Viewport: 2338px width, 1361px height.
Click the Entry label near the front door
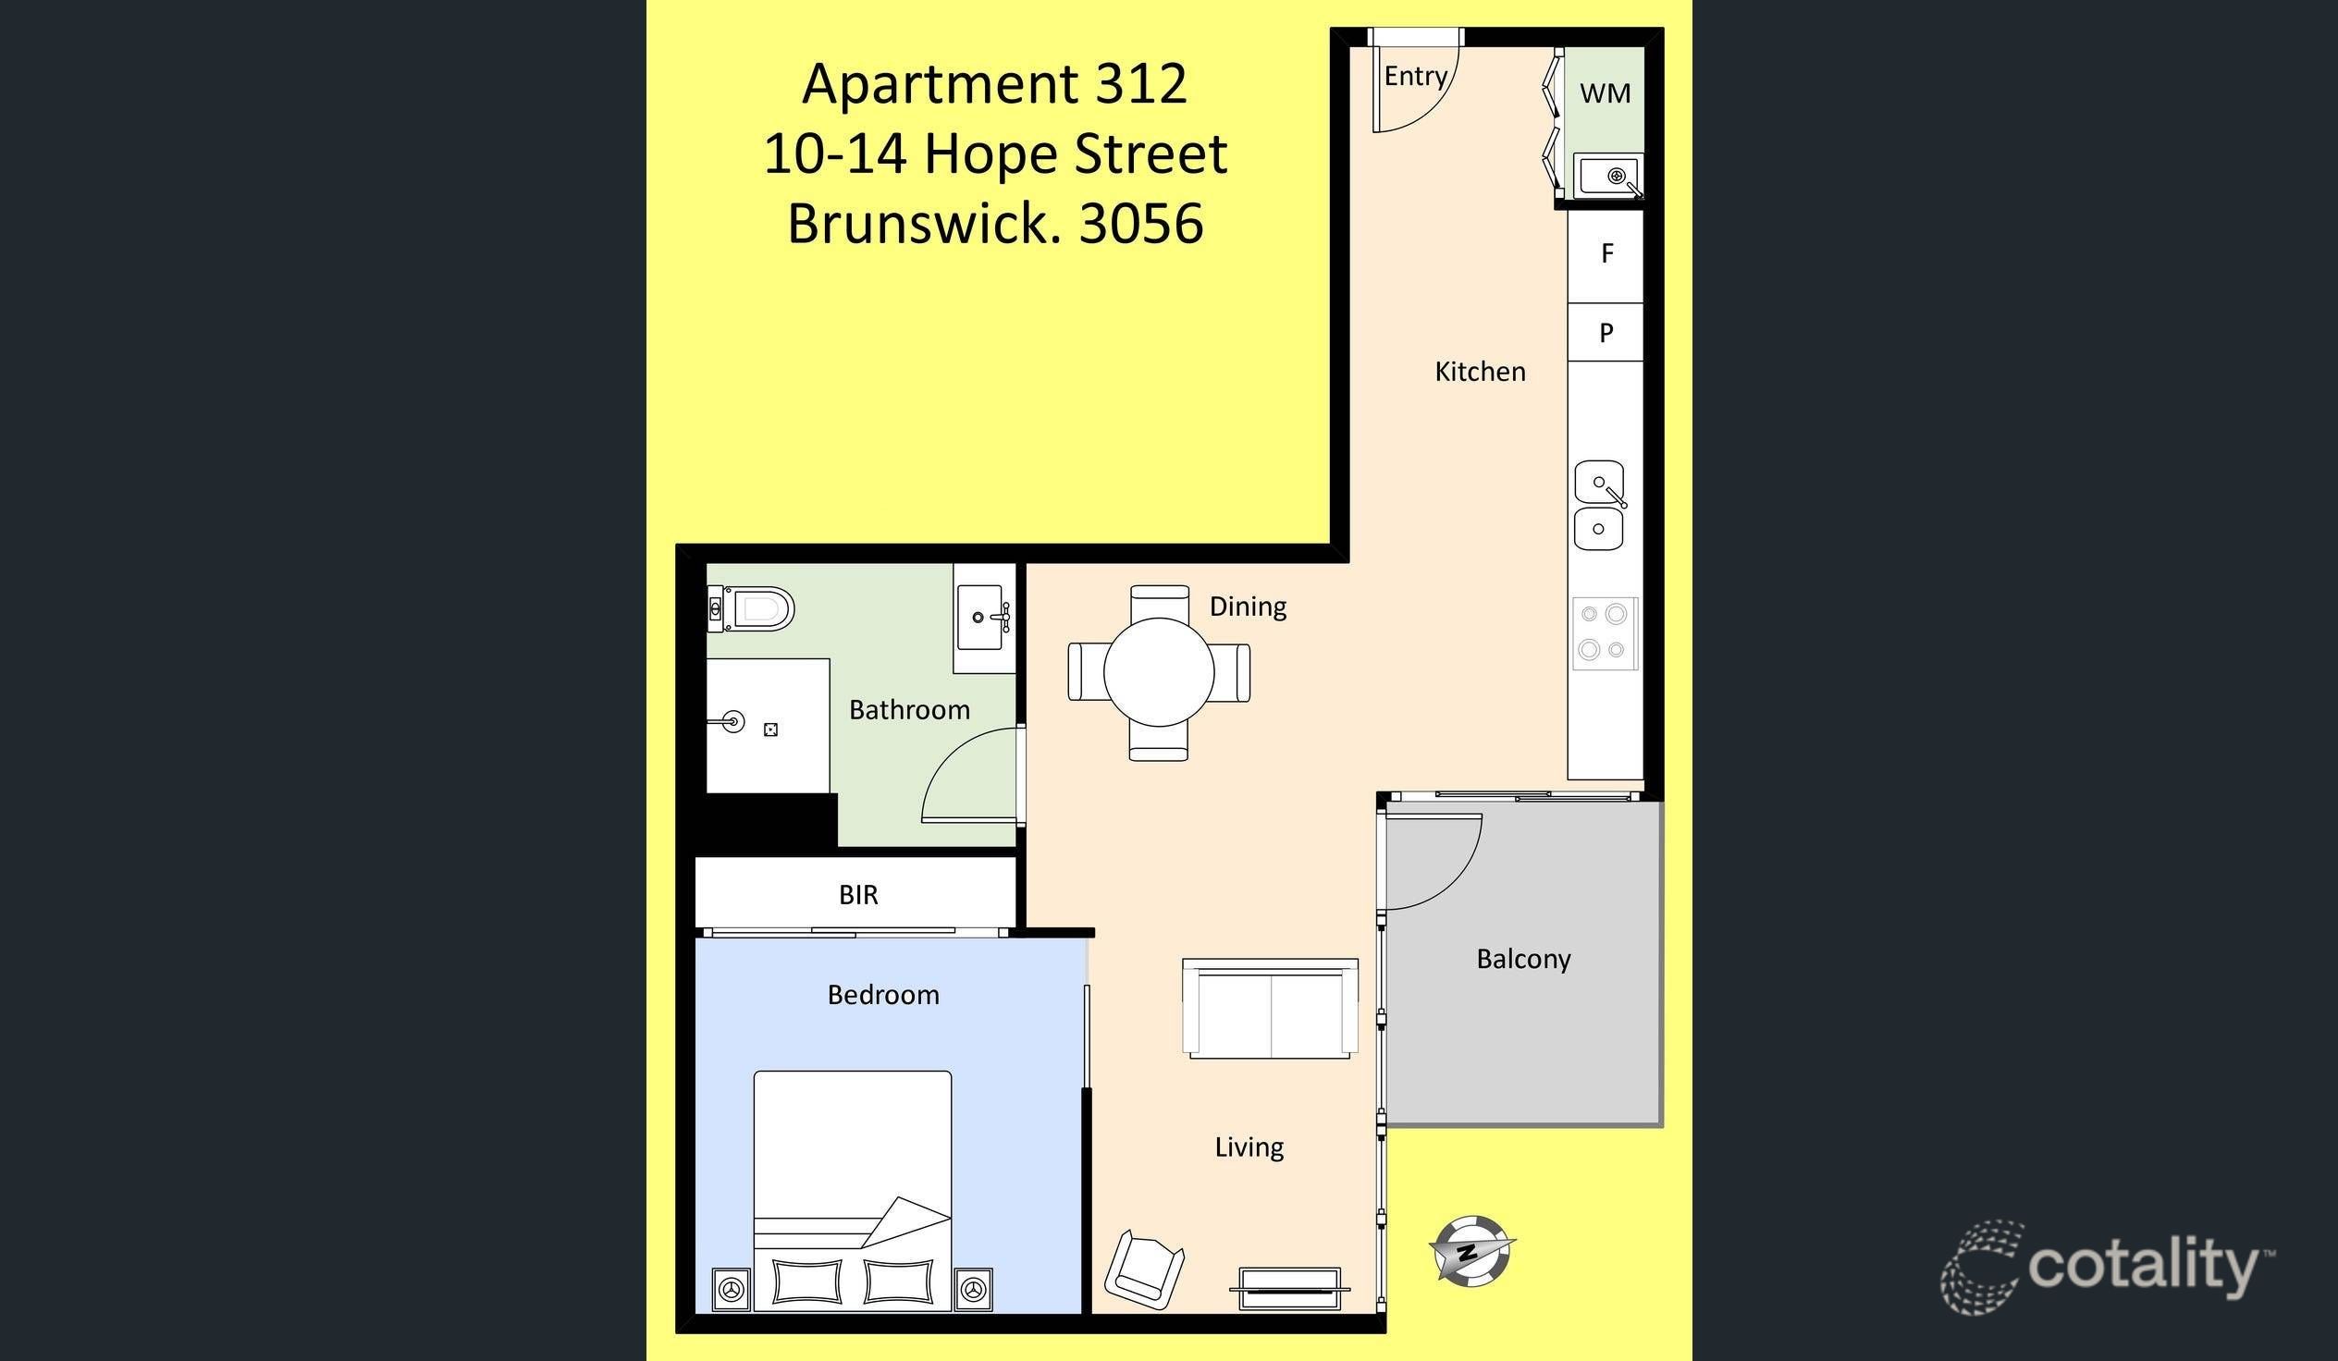pyautogui.click(x=1415, y=76)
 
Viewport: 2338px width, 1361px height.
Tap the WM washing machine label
pyautogui.click(x=1605, y=92)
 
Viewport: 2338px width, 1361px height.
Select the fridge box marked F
pyautogui.click(x=1606, y=253)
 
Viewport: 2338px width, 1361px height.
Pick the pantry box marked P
pyautogui.click(x=1606, y=332)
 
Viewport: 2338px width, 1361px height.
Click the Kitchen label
pyautogui.click(x=1480, y=372)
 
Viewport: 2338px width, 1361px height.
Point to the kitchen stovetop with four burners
pyautogui.click(x=1604, y=632)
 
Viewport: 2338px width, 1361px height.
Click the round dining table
pyautogui.click(x=1159, y=671)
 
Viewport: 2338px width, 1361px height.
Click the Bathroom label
pyautogui.click(x=909, y=711)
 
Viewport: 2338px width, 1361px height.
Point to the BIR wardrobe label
pyautogui.click(x=858, y=895)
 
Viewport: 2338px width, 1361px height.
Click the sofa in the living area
pyautogui.click(x=1270, y=1009)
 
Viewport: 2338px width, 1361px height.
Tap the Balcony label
pyautogui.click(x=1523, y=960)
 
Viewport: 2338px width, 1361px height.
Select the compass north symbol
pyautogui.click(x=1470, y=1251)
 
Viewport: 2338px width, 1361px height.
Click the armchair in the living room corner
pyautogui.click(x=1144, y=1267)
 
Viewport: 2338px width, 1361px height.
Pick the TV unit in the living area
pyautogui.click(x=1289, y=1288)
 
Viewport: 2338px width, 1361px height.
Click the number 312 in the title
pyautogui.click(x=1140, y=84)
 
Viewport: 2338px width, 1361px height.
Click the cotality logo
pyautogui.click(x=2106, y=1267)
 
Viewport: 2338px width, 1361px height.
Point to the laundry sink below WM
pyautogui.click(x=1608, y=177)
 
